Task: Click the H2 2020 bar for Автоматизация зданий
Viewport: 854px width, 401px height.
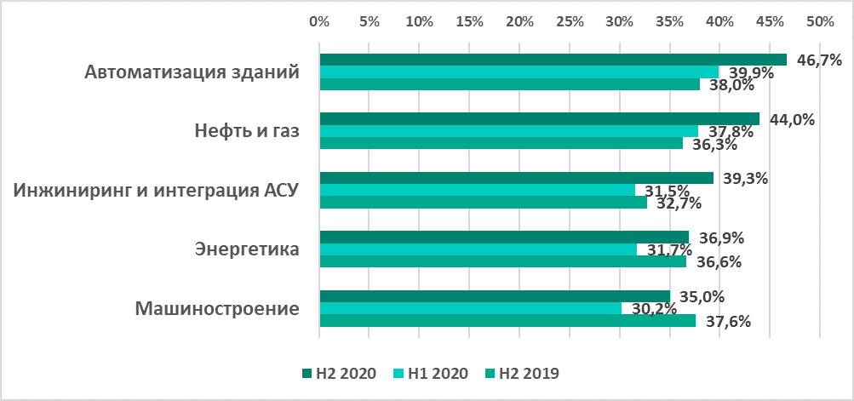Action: [x=553, y=60]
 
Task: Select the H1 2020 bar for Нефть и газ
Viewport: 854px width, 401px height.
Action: [x=508, y=131]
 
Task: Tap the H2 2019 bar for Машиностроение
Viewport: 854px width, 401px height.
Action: [x=507, y=321]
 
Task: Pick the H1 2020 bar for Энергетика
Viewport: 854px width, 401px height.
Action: [x=478, y=249]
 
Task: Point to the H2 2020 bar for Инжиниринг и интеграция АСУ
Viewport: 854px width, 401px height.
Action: [x=516, y=178]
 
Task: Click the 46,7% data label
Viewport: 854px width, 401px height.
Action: [x=819, y=60]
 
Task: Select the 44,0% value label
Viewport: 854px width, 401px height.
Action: [x=792, y=119]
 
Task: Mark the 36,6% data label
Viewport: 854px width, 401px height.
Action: [x=718, y=262]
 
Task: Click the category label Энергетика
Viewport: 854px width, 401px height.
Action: [x=247, y=249]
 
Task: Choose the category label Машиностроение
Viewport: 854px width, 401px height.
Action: [x=217, y=308]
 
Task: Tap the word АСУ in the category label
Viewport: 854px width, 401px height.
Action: [x=280, y=190]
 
